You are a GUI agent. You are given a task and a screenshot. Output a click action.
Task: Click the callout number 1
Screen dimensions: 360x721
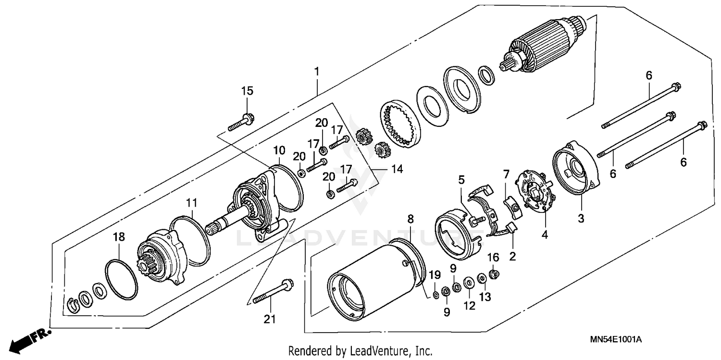click(x=316, y=72)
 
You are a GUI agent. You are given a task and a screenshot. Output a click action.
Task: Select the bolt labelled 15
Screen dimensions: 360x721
click(x=241, y=122)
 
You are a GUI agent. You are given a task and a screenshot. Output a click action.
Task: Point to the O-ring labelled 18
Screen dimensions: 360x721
click(x=121, y=278)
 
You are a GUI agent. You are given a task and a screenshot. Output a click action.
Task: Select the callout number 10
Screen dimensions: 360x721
click(x=280, y=151)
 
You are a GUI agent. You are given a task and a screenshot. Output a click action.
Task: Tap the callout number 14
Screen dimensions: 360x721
click(x=397, y=169)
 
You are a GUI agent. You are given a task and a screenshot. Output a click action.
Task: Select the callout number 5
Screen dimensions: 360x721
click(x=461, y=180)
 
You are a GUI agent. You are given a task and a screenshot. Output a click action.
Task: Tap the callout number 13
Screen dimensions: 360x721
click(x=485, y=298)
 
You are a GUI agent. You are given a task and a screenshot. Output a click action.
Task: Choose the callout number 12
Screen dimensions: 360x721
click(x=469, y=305)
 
